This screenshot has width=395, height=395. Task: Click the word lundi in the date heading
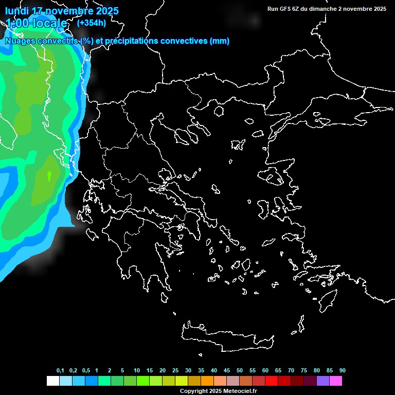coord(17,11)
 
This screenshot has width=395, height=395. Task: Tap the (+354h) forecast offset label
coord(91,23)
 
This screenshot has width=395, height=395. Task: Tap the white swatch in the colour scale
coord(52,381)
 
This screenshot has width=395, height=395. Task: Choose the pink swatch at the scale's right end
coord(336,381)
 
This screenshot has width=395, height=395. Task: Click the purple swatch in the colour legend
coord(323,381)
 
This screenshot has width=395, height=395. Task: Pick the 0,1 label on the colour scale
coord(60,371)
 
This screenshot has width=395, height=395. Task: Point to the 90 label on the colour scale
coord(343,371)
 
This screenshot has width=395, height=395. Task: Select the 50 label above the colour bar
coord(240,371)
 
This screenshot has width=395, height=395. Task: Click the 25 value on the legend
coord(175,371)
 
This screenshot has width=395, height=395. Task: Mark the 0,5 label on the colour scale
coord(86,371)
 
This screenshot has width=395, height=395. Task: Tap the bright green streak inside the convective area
coord(49,176)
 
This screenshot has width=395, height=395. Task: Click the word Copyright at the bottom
coord(194,391)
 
